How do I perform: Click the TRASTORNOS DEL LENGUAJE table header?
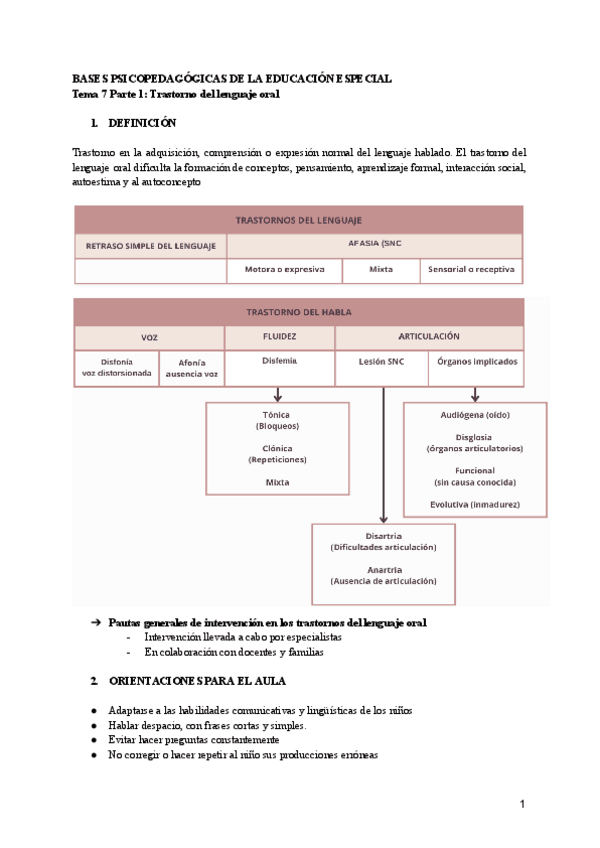298,220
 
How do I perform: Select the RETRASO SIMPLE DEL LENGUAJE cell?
151,246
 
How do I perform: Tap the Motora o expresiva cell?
284,269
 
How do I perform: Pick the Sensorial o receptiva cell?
470,269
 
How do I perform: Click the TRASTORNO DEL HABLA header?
298,311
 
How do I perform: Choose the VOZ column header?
149,338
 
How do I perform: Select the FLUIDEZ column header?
279,337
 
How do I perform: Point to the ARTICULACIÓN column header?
428,337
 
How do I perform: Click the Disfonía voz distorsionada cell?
116,368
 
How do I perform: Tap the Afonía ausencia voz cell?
192,368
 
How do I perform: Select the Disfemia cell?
279,361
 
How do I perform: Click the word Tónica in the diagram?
277,414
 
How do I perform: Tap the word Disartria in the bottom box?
383,537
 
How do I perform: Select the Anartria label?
383,569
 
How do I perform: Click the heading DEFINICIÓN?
140,123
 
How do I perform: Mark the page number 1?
522,805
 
